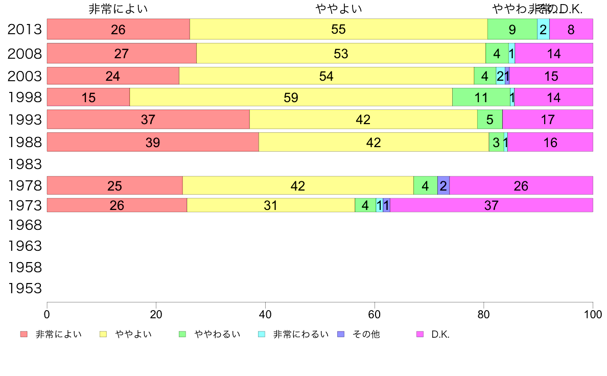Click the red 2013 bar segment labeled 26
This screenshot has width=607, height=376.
118,29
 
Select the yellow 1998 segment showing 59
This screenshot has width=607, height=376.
291,97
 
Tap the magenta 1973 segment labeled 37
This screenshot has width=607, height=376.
491,205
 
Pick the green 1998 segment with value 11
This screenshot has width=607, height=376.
481,97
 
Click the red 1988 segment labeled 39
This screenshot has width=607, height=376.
153,142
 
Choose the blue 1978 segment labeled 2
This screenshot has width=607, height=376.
443,185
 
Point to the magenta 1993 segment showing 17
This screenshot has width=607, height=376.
547,120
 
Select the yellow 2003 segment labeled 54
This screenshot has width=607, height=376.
326,76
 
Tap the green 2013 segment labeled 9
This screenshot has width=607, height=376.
512,29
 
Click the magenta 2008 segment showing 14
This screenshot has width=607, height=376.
553,53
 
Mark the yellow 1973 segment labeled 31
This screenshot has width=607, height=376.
270,205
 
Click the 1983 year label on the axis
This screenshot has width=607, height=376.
25,165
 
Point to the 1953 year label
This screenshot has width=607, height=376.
25,289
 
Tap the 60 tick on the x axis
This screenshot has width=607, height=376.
375,314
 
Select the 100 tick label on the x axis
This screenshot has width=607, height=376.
593,314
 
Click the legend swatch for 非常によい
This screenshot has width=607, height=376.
24,335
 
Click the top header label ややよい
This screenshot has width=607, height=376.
339,9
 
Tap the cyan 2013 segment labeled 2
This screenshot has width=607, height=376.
543,29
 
